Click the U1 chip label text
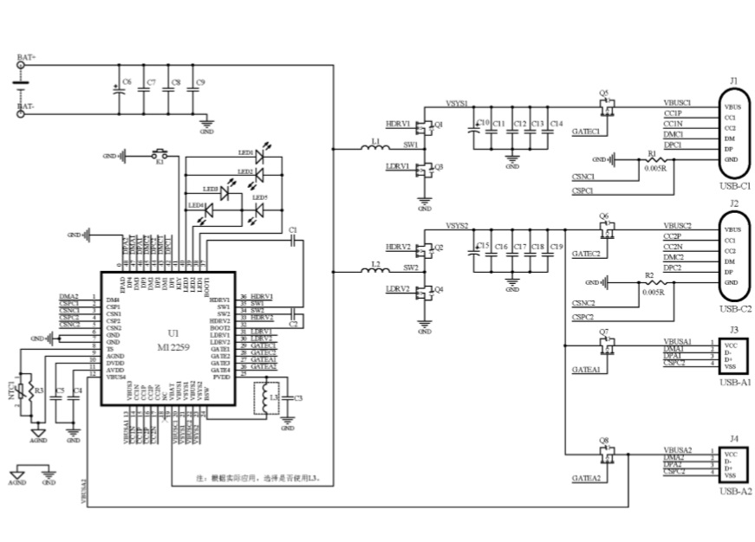(173, 333)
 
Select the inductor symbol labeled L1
(374, 147)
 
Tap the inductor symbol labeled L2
(374, 270)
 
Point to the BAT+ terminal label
(26, 58)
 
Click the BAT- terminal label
(26, 108)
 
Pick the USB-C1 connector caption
(734, 186)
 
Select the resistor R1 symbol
(654, 160)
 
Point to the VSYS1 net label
(457, 103)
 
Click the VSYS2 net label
(457, 226)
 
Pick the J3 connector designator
(734, 329)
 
